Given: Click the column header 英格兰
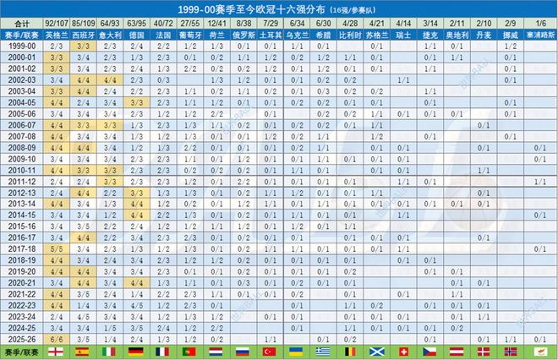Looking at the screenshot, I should click(55, 36).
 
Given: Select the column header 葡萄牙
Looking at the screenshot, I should click(190, 36).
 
